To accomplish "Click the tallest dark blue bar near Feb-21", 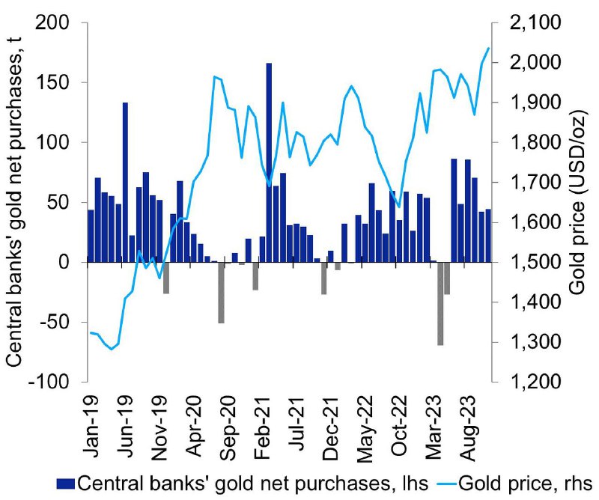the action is point(269,162).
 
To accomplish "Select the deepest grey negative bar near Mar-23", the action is point(440,304).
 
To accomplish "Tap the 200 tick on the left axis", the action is point(52,23).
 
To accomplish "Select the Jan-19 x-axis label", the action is point(91,427).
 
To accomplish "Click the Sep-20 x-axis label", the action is point(228,428).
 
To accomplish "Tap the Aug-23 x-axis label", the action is point(469,428).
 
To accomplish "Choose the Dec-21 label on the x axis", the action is point(331,428).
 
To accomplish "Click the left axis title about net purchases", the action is point(15,201).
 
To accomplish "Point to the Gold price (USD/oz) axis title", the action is point(578,201).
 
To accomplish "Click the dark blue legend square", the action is point(65,484).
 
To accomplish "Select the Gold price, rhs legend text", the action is point(525,484).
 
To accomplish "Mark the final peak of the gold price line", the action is point(488,48).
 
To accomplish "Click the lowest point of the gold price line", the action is point(112,349).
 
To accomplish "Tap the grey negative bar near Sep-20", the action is point(221,293).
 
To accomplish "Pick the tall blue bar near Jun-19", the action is point(125,183).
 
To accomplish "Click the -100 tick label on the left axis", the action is point(49,381).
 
